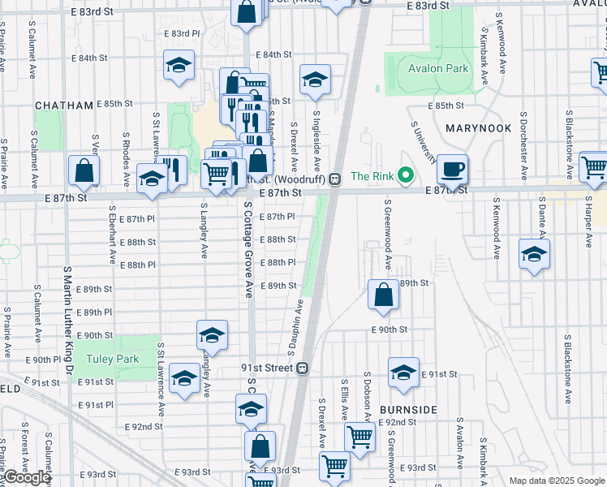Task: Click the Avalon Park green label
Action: pos(438,68)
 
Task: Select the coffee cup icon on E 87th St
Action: pos(452,169)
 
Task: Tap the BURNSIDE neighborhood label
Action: pos(408,410)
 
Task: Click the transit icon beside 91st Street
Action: pos(302,368)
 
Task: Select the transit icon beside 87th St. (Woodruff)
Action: pos(334,179)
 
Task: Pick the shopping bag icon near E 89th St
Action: pos(383,295)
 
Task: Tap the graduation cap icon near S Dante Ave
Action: pos(534,254)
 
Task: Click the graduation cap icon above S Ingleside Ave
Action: pos(315,80)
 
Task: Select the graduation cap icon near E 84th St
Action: pos(179,66)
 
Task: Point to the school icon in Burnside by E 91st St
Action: pos(403,373)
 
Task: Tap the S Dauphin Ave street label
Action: pos(295,326)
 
